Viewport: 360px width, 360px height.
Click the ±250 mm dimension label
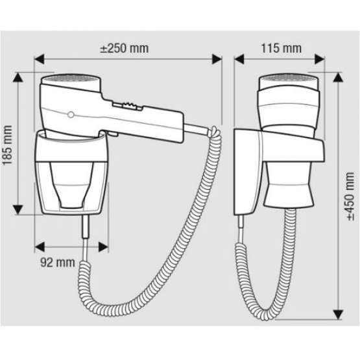[125, 49]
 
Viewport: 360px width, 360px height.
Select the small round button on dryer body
[70, 114]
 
